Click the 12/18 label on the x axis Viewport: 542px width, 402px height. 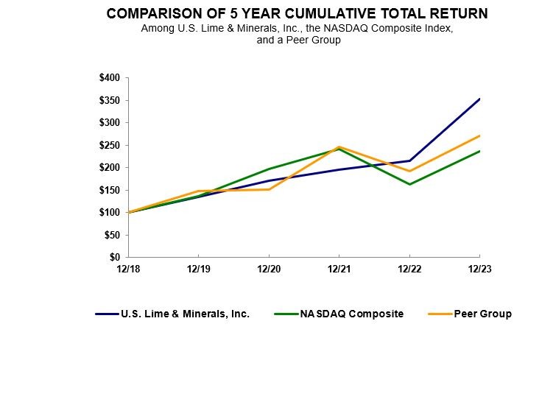click(x=128, y=269)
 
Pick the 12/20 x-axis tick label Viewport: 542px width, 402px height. click(x=269, y=269)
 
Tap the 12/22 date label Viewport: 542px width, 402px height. click(x=409, y=269)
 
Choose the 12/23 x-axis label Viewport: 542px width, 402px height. click(x=479, y=269)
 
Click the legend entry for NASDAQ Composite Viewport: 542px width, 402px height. click(x=351, y=314)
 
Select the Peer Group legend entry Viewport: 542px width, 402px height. click(x=483, y=314)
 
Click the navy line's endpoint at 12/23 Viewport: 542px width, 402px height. click(x=479, y=99)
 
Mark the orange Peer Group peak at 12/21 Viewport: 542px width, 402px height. click(x=339, y=147)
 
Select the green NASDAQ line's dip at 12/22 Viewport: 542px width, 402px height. click(x=409, y=184)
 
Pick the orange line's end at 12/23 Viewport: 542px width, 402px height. click(x=479, y=135)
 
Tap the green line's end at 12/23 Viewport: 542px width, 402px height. click(x=479, y=151)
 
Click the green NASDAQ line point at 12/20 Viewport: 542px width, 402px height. click(x=269, y=169)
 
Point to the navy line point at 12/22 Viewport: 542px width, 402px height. click(x=409, y=161)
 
